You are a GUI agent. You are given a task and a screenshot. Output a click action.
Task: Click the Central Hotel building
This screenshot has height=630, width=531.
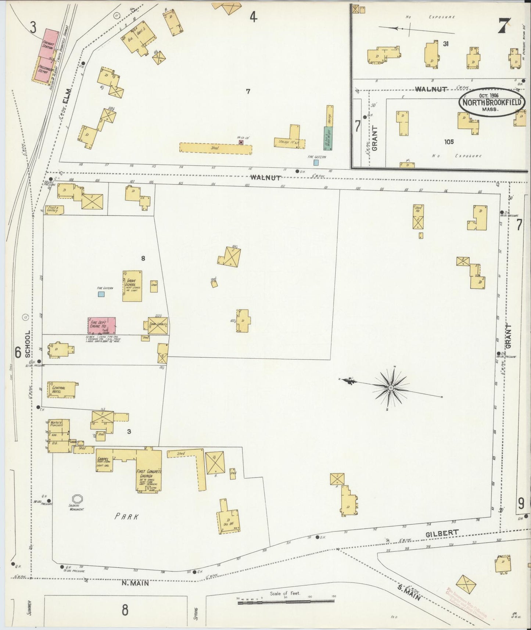point(62,390)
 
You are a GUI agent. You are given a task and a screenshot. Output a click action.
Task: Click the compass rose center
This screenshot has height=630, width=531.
point(391,388)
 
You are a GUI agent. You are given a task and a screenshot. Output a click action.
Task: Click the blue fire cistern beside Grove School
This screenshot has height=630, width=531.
point(101,294)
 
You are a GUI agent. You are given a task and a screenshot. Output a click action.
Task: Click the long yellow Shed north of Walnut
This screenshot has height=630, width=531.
point(216,148)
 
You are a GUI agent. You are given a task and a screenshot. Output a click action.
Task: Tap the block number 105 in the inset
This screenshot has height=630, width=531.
point(449,142)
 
